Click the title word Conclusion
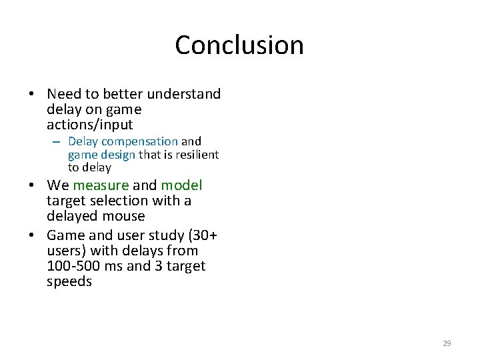(239, 45)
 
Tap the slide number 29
(447, 343)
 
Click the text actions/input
(90, 125)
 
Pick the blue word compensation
(139, 141)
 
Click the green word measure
(101, 185)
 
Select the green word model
(181, 185)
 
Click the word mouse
(125, 216)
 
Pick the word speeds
(69, 281)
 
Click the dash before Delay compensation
(57, 141)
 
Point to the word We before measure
(58, 185)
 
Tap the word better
(123, 94)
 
